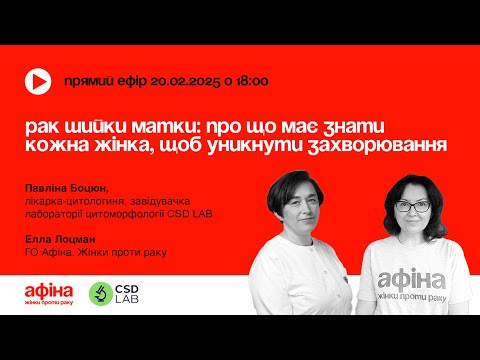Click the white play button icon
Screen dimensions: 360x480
37,82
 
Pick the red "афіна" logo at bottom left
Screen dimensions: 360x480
48,290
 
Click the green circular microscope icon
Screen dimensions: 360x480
100,292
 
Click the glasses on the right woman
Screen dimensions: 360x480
413,206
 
